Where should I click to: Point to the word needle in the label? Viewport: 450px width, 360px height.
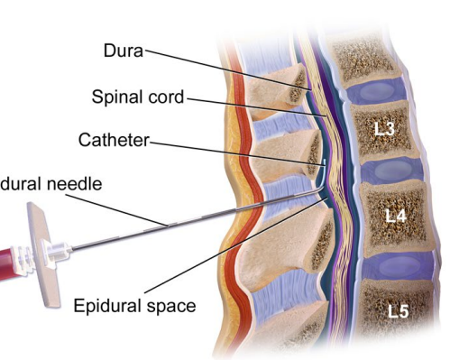pyautogui.click(x=77, y=184)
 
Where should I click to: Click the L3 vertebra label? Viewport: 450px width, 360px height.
pyautogui.click(x=385, y=128)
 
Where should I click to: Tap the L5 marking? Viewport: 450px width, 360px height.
pyautogui.click(x=399, y=311)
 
